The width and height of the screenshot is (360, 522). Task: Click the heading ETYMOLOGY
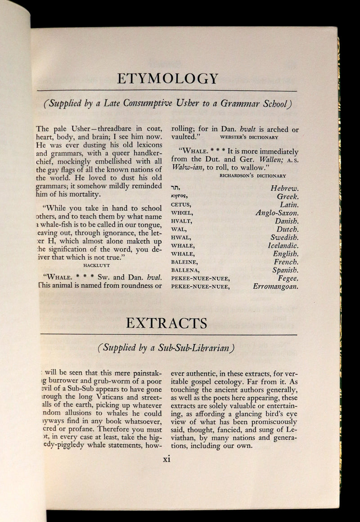click(x=168, y=78)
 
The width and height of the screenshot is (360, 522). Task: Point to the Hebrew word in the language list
click(x=175, y=189)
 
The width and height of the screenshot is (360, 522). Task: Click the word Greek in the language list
click(x=288, y=197)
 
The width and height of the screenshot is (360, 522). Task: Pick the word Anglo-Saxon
click(x=277, y=213)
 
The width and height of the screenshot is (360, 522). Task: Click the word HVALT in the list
click(x=182, y=221)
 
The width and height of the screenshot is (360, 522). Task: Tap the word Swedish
click(x=284, y=237)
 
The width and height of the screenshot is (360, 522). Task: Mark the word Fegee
click(x=288, y=278)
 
